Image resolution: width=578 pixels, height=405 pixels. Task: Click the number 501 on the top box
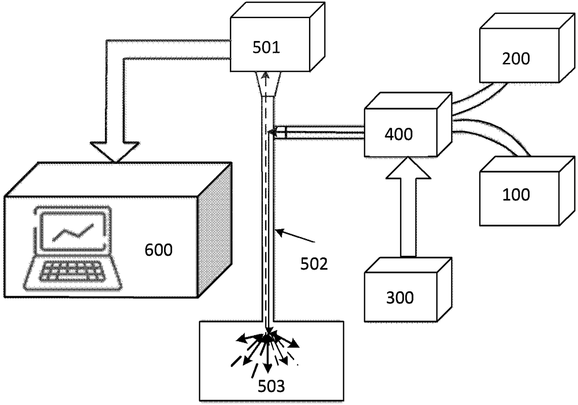pyautogui.click(x=266, y=48)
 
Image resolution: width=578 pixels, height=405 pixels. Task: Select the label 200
pyautogui.click(x=516, y=59)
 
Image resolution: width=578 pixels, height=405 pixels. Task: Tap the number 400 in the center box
pyautogui.click(x=399, y=134)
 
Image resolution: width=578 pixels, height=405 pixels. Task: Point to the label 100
pyautogui.click(x=516, y=194)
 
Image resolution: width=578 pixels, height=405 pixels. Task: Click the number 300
pyautogui.click(x=400, y=297)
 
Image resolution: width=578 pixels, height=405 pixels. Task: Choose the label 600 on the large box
pyautogui.click(x=158, y=250)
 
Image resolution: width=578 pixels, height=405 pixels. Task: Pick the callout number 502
pyautogui.click(x=314, y=264)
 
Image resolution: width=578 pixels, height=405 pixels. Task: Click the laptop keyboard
pyautogui.click(x=73, y=271)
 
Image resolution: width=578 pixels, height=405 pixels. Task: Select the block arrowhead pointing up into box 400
pyautogui.click(x=408, y=168)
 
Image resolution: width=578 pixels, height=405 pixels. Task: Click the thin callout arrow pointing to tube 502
pyautogui.click(x=296, y=235)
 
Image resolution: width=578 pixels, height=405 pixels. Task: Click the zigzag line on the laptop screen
pyautogui.click(x=73, y=233)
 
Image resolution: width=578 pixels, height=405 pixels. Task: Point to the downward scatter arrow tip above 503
pyautogui.click(x=268, y=370)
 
